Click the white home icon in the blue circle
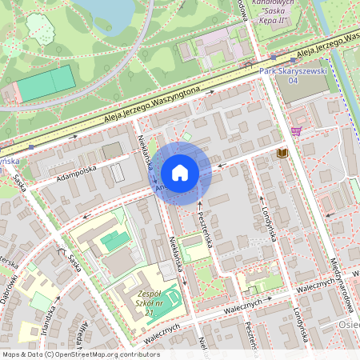tap(180, 172)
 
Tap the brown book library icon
tap(281, 153)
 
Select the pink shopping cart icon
tap(297, 131)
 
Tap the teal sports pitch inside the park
tap(46, 83)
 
